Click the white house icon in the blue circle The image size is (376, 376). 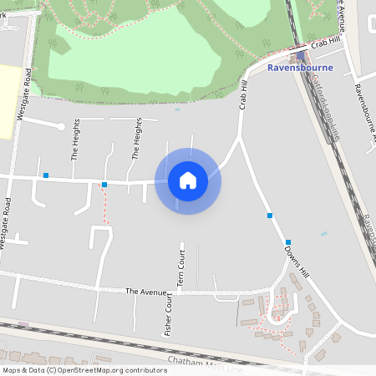[x=188, y=180]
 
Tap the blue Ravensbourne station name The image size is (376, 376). [x=300, y=69]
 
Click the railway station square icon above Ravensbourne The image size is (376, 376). [x=300, y=56]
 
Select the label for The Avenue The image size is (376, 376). [x=141, y=292]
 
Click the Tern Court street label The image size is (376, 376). [x=180, y=269]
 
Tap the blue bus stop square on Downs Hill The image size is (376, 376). [x=270, y=216]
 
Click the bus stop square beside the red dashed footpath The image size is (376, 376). [x=104, y=184]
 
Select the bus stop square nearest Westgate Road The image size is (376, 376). [x=46, y=175]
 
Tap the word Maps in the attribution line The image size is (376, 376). [x=13, y=369]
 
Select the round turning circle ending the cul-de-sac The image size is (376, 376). [x=60, y=126]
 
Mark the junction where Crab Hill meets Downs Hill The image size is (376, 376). [x=241, y=140]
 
